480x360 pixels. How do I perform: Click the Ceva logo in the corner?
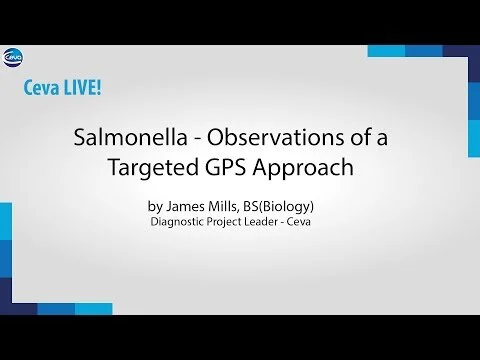click(x=13, y=58)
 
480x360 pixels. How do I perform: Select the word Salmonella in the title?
click(x=130, y=137)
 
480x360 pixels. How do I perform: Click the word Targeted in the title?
click(x=154, y=167)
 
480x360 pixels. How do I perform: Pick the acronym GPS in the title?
click(x=225, y=166)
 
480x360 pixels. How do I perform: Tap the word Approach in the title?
click(x=303, y=167)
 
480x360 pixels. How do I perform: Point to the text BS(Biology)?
click(x=278, y=207)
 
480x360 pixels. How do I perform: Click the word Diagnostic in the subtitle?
click(x=177, y=222)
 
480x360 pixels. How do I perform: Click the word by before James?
click(x=155, y=207)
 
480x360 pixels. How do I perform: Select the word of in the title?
click(x=361, y=137)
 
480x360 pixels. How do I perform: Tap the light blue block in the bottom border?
click(x=93, y=309)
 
